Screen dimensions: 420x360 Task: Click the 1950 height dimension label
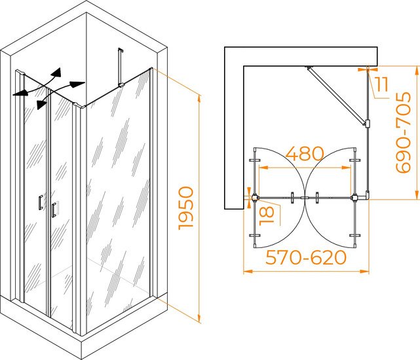click(x=186, y=208)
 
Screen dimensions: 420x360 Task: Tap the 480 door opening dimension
click(x=305, y=153)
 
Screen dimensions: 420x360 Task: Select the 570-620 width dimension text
click(x=306, y=257)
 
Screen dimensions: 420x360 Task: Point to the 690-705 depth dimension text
click(x=404, y=132)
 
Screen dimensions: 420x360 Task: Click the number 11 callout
click(x=381, y=84)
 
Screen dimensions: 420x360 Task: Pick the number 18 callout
click(x=267, y=215)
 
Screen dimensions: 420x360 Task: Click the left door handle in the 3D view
click(x=41, y=202)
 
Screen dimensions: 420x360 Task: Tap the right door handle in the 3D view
click(x=54, y=209)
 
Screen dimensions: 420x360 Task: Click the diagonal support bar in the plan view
click(x=337, y=96)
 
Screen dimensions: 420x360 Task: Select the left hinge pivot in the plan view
click(x=254, y=198)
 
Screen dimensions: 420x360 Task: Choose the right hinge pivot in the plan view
click(x=355, y=198)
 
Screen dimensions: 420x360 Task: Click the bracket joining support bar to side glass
click(x=367, y=124)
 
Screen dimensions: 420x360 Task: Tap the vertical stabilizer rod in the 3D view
click(x=119, y=67)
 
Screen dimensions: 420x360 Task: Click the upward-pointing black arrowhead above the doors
click(x=56, y=73)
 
